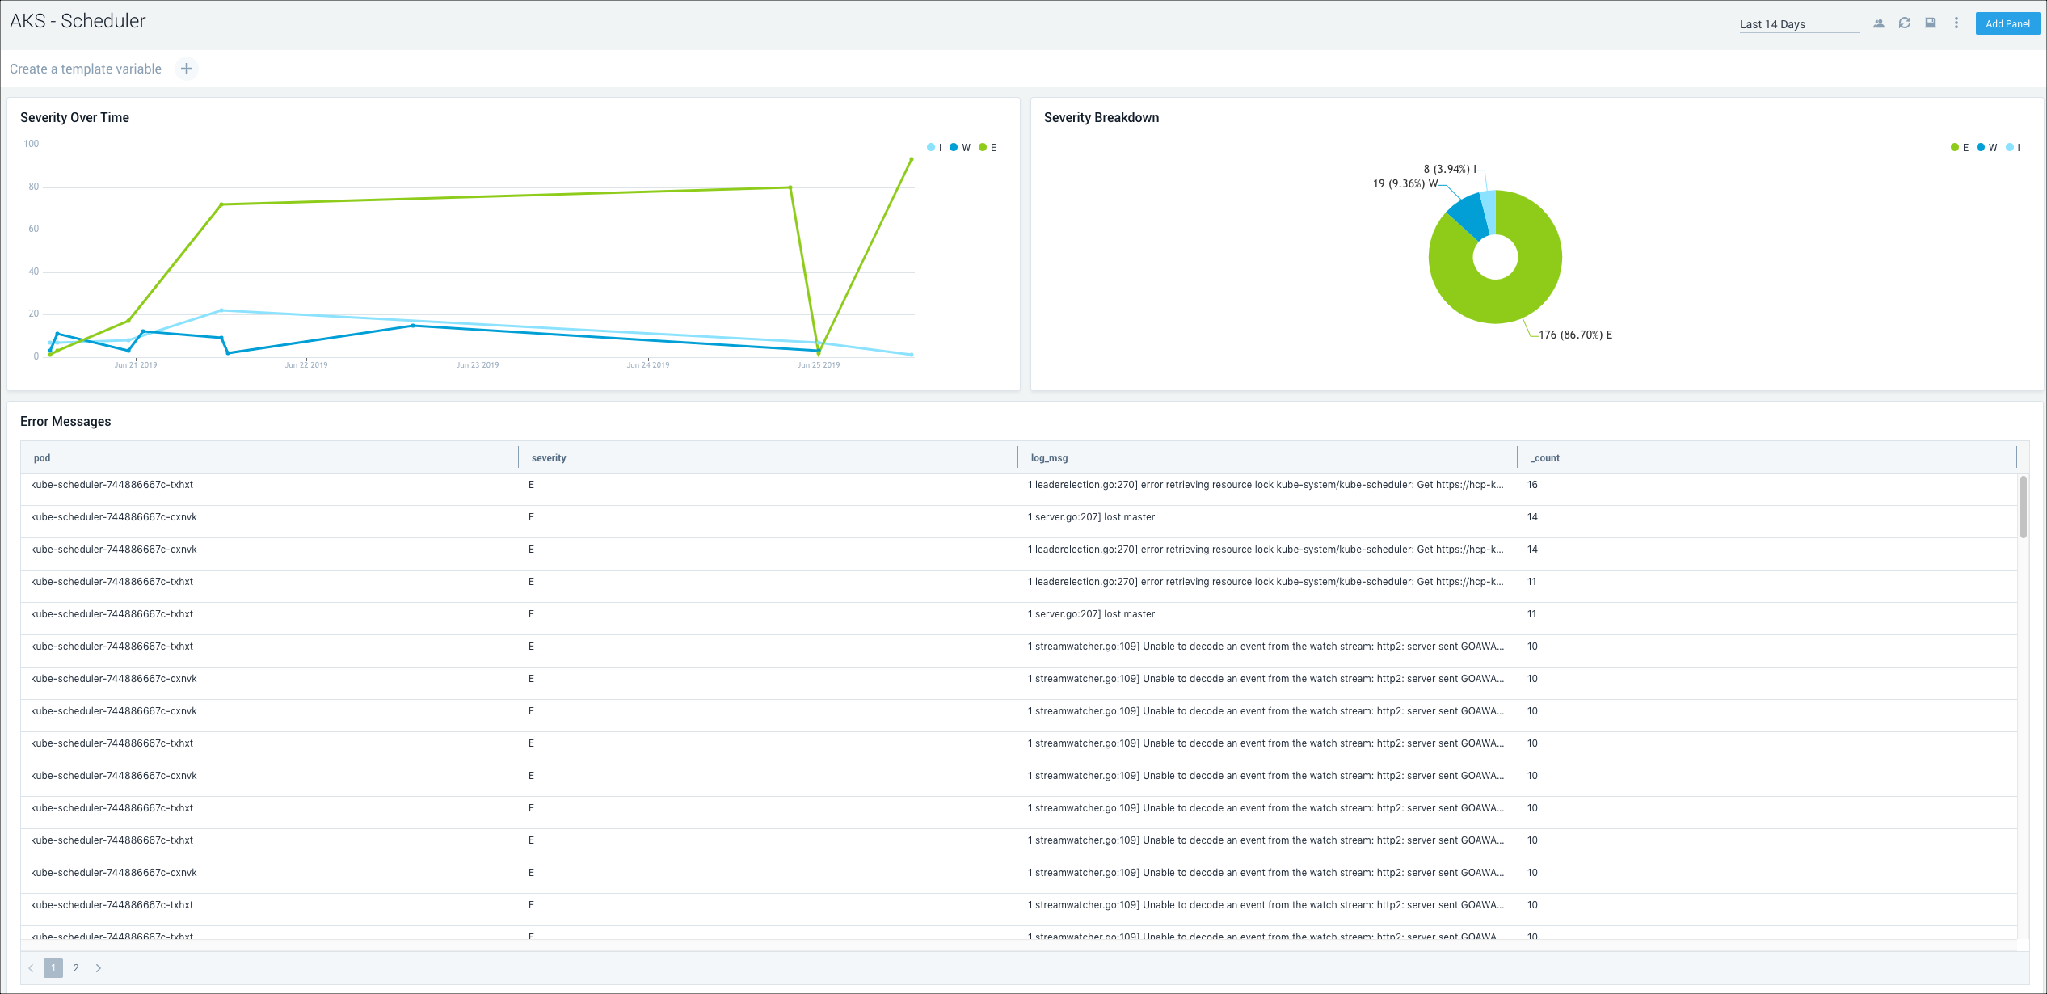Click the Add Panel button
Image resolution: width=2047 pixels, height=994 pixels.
2007,23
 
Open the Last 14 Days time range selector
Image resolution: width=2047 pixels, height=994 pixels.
1798,24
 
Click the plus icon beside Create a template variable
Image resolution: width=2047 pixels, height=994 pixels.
187,69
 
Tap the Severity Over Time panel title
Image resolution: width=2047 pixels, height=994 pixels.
74,117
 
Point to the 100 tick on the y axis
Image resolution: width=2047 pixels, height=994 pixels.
32,144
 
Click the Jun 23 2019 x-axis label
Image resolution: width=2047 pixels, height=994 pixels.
477,365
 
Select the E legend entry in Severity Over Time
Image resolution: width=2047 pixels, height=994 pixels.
988,148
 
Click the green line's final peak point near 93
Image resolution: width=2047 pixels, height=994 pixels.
912,159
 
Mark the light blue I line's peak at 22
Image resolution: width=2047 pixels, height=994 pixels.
221,310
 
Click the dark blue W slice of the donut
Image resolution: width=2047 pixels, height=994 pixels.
1467,215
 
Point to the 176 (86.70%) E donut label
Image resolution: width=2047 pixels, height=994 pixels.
1575,335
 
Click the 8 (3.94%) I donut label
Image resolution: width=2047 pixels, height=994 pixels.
1450,169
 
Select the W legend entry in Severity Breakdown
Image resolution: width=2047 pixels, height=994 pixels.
1987,148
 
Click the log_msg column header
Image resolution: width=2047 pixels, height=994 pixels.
1049,458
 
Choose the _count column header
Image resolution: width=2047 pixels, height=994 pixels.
1545,458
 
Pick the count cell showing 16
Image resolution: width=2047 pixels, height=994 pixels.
1532,485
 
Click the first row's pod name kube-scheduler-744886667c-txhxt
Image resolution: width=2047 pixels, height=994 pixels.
112,485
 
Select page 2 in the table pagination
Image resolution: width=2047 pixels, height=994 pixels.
76,968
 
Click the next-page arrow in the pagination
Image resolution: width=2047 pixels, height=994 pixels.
99,968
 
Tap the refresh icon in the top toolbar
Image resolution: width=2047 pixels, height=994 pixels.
1905,23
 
